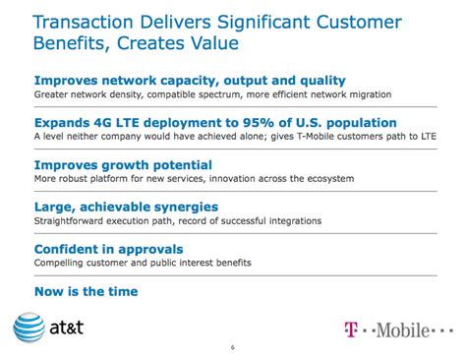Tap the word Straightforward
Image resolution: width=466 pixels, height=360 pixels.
tap(72, 221)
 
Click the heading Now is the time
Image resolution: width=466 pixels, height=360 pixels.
tap(86, 291)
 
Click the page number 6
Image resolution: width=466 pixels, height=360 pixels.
tap(232, 348)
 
